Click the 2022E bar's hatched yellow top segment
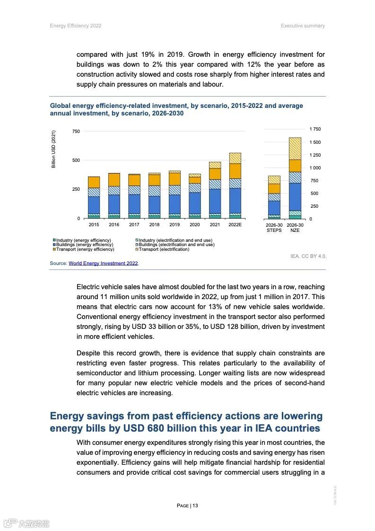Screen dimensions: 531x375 [235, 158]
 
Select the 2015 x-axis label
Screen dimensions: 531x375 [94, 224]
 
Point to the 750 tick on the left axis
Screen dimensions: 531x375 [76, 131]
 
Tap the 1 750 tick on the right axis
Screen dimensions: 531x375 [315, 129]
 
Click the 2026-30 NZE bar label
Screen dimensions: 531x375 [295, 228]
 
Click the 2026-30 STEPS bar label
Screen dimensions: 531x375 [274, 228]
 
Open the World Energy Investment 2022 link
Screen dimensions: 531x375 [104, 263]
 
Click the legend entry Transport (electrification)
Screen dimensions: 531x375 [163, 249]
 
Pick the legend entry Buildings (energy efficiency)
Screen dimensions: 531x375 [84, 245]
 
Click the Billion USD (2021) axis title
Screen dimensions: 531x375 [53, 149]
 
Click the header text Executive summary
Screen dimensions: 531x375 [303, 26]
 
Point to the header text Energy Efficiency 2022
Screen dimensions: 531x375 [76, 26]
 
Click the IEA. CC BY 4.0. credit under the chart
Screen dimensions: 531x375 [308, 256]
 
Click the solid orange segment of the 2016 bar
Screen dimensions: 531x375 [114, 179]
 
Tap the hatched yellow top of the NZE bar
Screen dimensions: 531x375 [295, 149]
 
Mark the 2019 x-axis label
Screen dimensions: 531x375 [174, 224]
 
